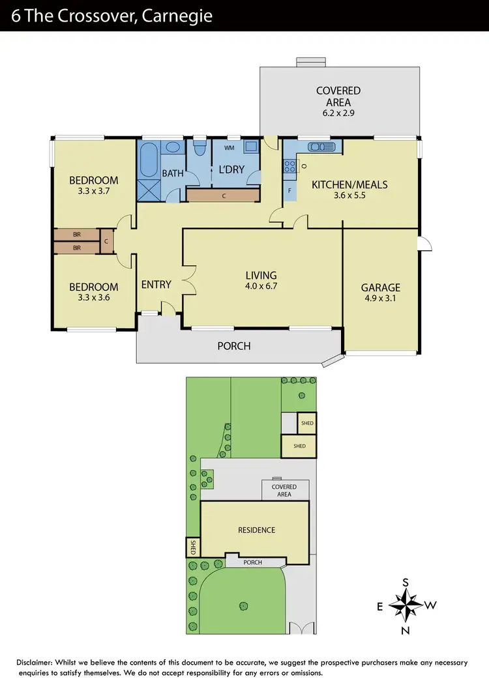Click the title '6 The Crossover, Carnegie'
(111, 16)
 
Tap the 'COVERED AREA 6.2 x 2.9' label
(338, 96)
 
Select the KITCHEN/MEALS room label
(349, 190)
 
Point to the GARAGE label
(381, 293)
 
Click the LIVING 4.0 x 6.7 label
(261, 280)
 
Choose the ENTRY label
(156, 284)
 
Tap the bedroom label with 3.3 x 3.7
(94, 186)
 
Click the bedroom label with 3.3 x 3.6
(94, 292)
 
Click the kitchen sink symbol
(321, 147)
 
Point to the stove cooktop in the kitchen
(289, 167)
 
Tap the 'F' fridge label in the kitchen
(289, 191)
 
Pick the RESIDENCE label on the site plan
(256, 530)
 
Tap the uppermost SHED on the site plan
(306, 424)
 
